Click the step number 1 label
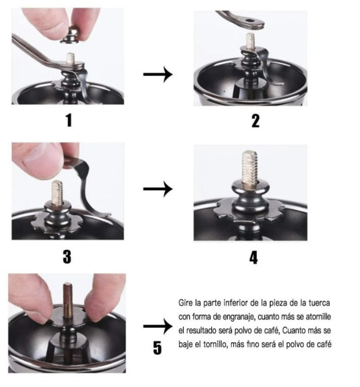[69, 120]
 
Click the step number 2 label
[255, 120]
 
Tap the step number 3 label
[67, 257]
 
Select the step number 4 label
[254, 257]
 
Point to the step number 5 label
[157, 348]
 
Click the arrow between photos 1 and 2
[158, 74]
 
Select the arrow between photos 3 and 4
[158, 189]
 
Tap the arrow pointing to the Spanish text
[158, 326]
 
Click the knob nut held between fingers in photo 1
[70, 35]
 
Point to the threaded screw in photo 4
[250, 168]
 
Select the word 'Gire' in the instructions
[186, 303]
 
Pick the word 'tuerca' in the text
[319, 303]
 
